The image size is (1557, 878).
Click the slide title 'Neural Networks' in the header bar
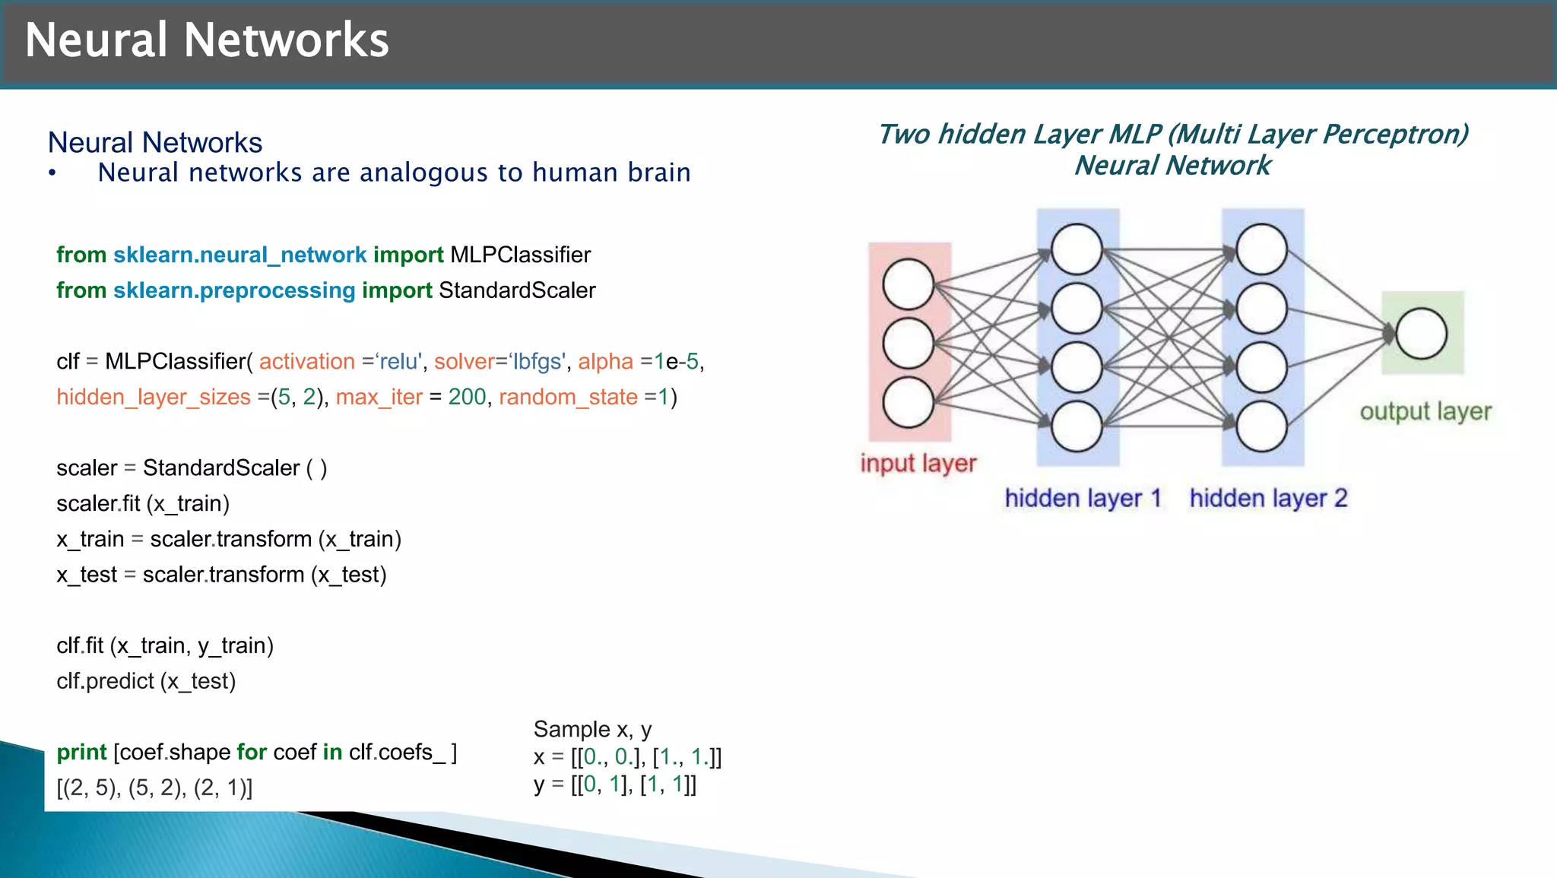click(207, 40)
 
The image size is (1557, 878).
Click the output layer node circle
click(1421, 334)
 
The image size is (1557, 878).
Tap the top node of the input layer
click(908, 284)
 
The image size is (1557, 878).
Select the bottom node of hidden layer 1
click(1077, 426)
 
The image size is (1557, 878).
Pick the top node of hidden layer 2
click(1261, 249)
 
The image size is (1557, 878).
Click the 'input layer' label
click(918, 463)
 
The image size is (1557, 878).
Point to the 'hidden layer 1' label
click(1083, 499)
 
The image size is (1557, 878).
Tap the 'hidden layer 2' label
click(1268, 499)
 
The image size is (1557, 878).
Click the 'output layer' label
click(1425, 411)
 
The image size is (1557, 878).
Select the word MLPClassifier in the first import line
click(520, 255)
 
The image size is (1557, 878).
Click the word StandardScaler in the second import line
click(517, 290)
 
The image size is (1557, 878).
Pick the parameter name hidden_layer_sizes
click(154, 397)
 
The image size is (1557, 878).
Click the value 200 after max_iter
click(467, 397)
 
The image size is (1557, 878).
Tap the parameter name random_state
click(568, 397)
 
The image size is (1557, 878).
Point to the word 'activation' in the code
click(307, 361)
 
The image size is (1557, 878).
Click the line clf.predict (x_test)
click(146, 681)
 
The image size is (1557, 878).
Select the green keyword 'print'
click(81, 752)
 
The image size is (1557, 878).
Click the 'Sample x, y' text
click(592, 730)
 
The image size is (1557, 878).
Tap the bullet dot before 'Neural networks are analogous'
click(52, 173)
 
